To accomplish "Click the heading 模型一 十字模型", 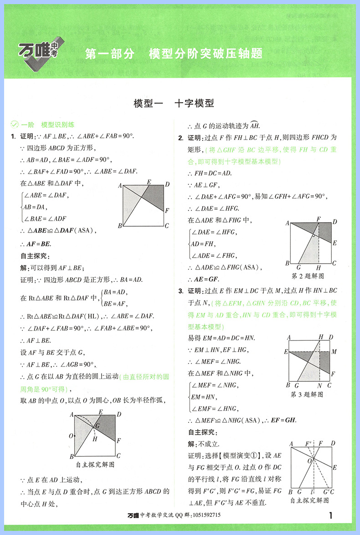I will [x=174, y=103].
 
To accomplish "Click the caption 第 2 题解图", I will [x=307, y=276].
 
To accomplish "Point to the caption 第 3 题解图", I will [x=307, y=395].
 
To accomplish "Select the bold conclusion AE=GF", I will [x=204, y=279].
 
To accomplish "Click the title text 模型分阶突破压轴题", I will [x=206, y=54].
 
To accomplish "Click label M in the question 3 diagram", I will [x=334, y=352].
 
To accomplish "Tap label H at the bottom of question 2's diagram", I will [x=319, y=267].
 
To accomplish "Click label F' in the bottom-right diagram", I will [x=309, y=443].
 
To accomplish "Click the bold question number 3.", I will [x=180, y=291].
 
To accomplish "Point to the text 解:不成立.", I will [x=204, y=444].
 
